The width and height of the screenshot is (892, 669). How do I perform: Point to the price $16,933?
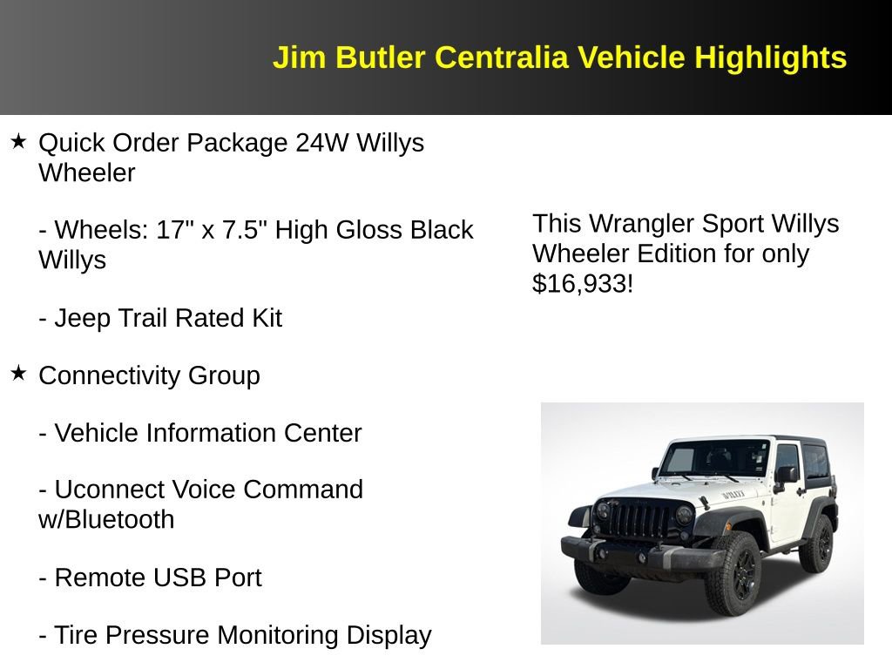point(583,283)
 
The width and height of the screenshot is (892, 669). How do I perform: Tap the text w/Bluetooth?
point(106,519)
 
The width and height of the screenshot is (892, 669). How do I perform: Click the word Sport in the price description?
point(734,224)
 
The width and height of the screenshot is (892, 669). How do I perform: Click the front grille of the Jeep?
point(639,520)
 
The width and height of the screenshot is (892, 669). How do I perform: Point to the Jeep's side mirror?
point(785,475)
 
